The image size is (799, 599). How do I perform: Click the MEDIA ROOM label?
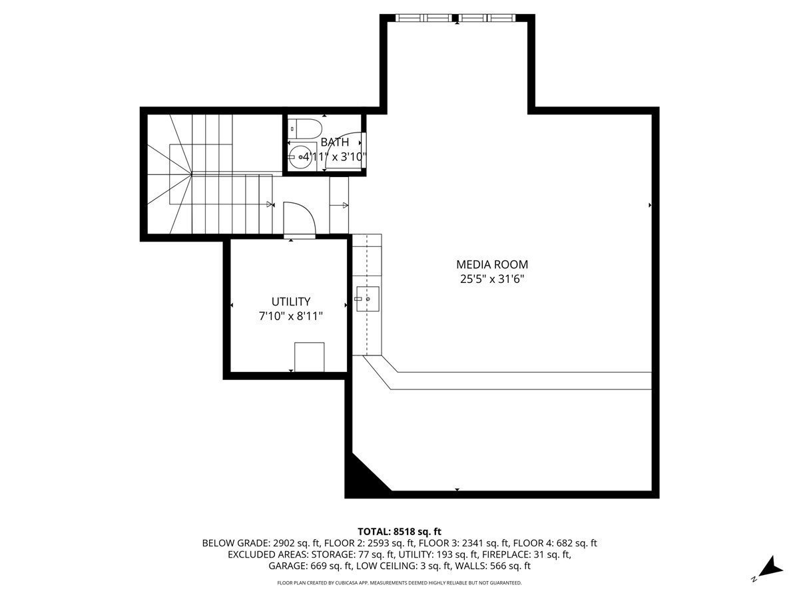(492, 265)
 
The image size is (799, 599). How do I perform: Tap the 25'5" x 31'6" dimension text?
(492, 280)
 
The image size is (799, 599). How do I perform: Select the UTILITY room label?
(290, 301)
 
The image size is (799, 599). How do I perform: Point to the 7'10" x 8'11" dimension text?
(290, 317)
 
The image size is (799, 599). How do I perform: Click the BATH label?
(334, 142)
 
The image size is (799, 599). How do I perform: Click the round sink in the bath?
(302, 158)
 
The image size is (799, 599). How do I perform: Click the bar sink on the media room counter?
(367, 299)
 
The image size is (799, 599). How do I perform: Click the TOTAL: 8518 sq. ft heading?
(400, 531)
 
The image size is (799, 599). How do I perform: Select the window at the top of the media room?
(457, 18)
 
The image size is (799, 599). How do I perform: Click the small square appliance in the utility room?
(309, 357)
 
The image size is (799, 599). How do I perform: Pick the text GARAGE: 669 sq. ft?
(310, 566)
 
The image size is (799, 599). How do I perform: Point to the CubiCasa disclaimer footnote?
(400, 583)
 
